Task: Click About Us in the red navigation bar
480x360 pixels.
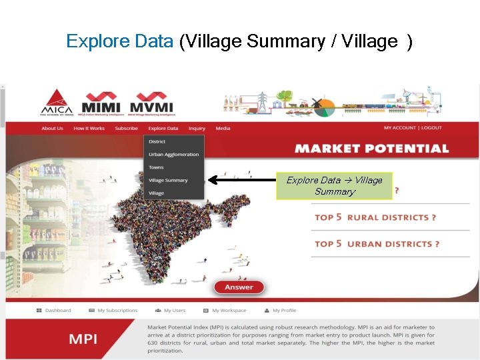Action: [52, 129]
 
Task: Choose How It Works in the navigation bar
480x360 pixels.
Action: [89, 129]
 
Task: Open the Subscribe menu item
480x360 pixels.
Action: [126, 129]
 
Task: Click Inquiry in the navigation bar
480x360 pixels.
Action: [197, 129]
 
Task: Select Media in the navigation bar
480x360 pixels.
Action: [223, 129]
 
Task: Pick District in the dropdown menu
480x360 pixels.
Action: [157, 141]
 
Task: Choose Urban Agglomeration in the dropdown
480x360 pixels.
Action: [173, 155]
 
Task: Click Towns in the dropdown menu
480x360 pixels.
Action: [156, 167]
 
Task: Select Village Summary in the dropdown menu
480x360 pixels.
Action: [168, 180]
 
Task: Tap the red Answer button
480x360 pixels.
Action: [239, 287]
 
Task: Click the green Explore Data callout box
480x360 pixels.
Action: [334, 186]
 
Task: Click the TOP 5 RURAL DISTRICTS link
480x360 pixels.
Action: [375, 217]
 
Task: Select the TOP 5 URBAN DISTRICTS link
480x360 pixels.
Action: [377, 244]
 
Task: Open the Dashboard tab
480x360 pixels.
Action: [54, 310]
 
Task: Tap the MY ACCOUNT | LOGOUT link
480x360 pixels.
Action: [413, 128]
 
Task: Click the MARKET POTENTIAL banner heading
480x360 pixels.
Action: [372, 149]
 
